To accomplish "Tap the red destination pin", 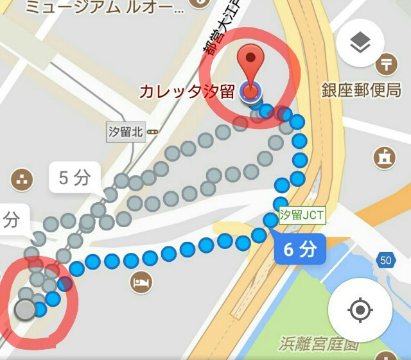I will coord(251,64).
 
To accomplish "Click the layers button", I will coord(360,43).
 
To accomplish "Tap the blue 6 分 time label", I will coord(299,250).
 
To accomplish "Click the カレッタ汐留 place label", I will coord(187,92).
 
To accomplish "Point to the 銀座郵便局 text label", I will coord(362,90).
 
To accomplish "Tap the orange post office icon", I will coord(387,64).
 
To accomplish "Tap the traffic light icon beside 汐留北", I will coord(153,132).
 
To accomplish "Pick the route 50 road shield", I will coord(385,260).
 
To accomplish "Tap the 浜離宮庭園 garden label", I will coord(317,345).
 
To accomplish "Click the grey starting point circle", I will coord(25,310).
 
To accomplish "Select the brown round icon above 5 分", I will coord(22,180).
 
